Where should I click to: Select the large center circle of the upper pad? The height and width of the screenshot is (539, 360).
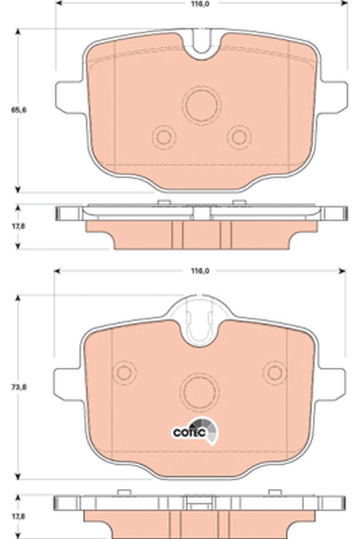[202, 105]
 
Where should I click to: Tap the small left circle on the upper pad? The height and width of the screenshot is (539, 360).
[163, 137]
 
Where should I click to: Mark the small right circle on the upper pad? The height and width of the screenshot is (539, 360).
[239, 137]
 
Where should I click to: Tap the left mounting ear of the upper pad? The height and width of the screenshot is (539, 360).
[70, 96]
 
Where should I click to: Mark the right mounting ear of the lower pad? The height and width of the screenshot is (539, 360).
[333, 383]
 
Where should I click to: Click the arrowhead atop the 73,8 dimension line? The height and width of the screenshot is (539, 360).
[18, 298]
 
